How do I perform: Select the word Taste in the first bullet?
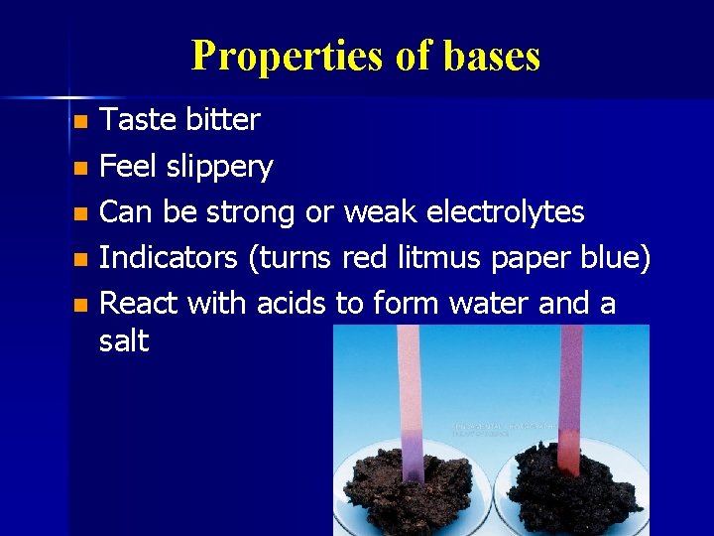point(138,120)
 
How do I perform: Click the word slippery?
point(218,167)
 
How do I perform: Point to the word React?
point(139,303)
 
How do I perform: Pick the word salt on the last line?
point(125,340)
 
